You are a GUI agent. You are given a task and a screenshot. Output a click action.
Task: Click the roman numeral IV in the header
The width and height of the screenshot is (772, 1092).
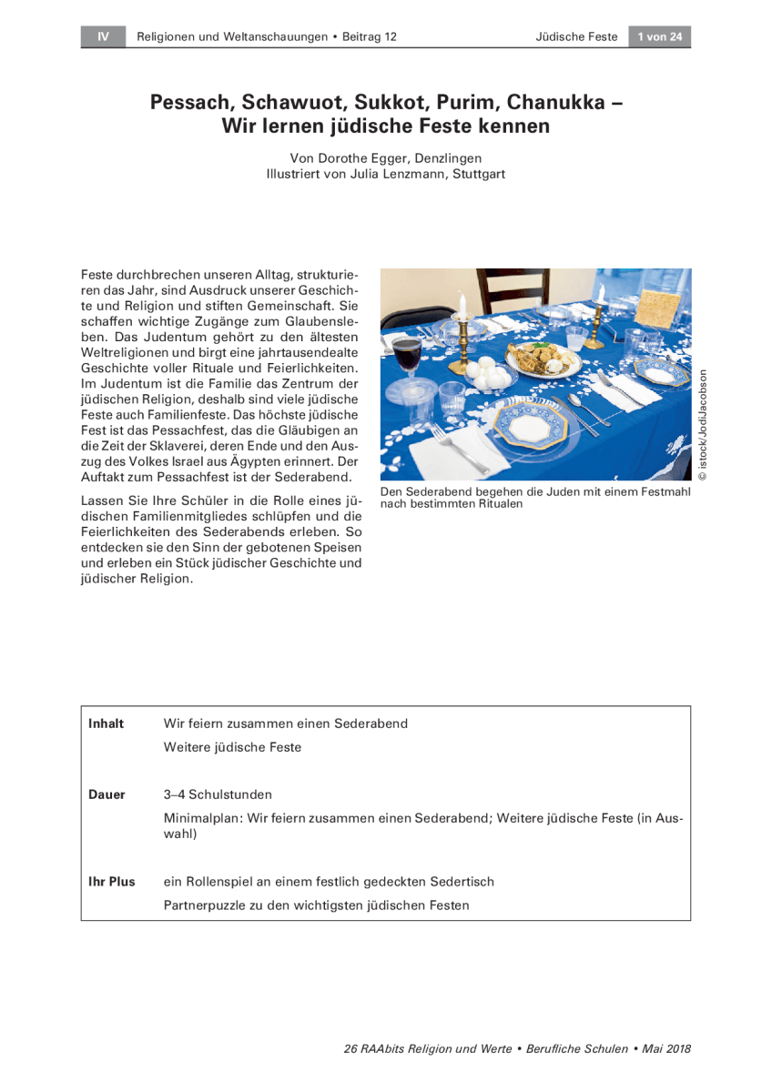[104, 37]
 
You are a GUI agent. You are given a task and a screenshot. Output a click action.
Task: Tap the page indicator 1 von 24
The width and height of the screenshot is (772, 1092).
[659, 37]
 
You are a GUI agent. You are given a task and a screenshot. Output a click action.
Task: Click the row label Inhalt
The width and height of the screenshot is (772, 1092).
[106, 723]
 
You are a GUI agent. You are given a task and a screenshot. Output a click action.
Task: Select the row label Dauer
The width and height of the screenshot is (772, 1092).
[107, 794]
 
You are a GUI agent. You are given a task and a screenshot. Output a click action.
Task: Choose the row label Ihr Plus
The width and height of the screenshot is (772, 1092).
[111, 882]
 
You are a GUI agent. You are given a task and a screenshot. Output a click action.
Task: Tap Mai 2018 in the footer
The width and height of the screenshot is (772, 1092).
[666, 1048]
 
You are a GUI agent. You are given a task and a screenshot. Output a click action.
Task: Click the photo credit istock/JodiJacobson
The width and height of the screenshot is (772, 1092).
[703, 424]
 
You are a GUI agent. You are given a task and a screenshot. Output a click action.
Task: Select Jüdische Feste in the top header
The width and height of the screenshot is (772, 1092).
[576, 37]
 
